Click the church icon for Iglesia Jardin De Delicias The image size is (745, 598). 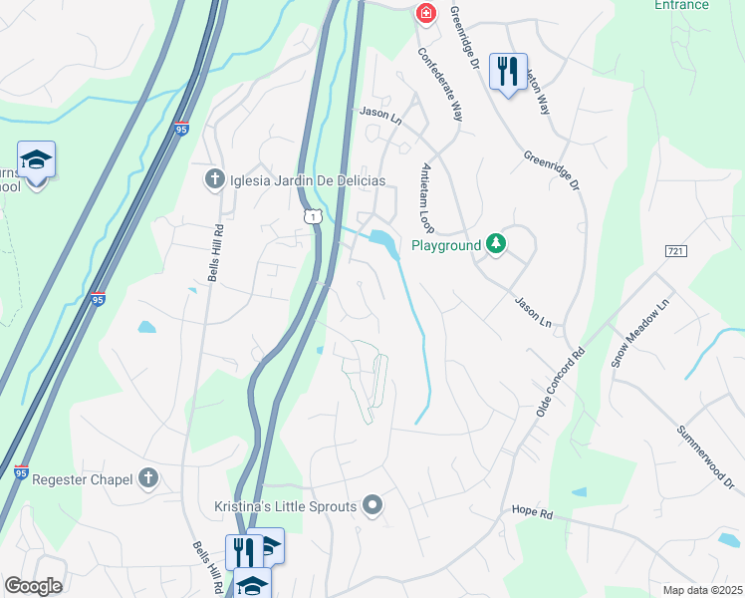pos(213,180)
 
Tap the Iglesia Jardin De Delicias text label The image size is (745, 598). pos(294,180)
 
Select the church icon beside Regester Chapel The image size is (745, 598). pos(149,479)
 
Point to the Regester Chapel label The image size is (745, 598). pos(83,479)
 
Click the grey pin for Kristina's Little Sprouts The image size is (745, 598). pos(372,506)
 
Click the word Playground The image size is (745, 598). pos(446,245)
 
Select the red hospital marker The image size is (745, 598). pos(425,13)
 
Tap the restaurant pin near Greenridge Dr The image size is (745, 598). pos(508,71)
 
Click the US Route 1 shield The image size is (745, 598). pos(313,215)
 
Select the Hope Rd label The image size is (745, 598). pos(532,511)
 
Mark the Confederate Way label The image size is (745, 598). pos(440,85)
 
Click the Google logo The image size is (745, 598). pos(33,586)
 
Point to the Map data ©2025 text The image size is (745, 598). pos(701,590)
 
